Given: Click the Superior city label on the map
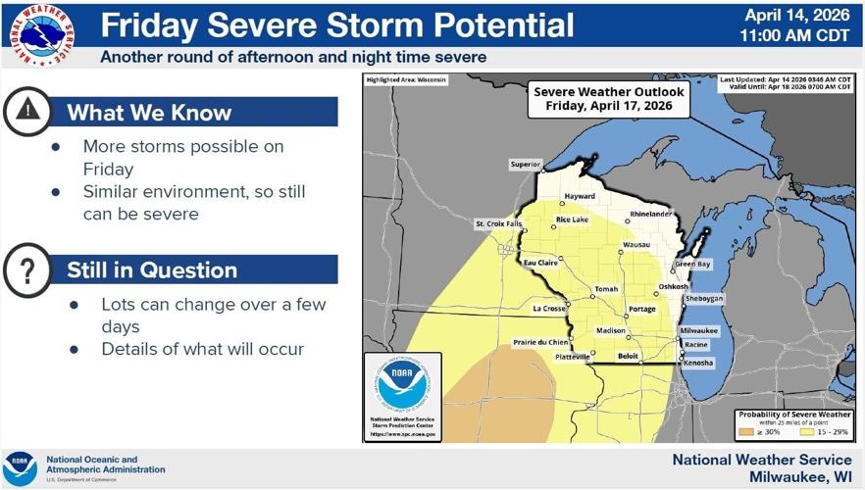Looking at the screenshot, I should click(x=525, y=164).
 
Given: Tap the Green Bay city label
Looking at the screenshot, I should click(x=692, y=265).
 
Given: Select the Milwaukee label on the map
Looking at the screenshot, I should click(x=700, y=331).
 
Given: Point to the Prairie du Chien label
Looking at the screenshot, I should click(x=540, y=341).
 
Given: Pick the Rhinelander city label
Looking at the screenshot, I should click(x=651, y=213).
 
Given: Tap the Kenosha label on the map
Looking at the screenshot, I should click(x=698, y=363).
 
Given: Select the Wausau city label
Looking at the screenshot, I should click(x=636, y=244).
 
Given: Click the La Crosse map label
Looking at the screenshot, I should click(x=548, y=309).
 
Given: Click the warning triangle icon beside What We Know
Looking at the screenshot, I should click(x=28, y=112).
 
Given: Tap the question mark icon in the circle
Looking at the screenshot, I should click(x=28, y=269).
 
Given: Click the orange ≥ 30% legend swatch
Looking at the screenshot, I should click(x=745, y=430).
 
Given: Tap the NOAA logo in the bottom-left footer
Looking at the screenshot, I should click(x=20, y=467).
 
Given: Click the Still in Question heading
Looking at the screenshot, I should click(x=152, y=269).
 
